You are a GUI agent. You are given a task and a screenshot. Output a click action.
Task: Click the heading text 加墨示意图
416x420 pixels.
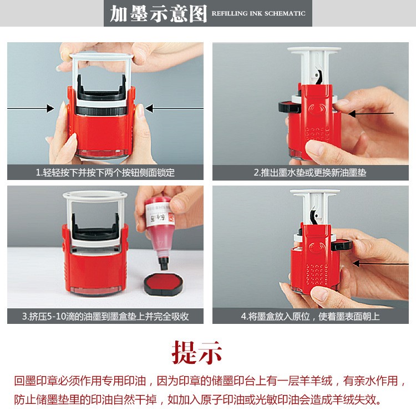coord(158,13)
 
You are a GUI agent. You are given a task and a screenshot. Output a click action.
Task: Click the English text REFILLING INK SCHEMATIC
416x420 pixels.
coord(258,13)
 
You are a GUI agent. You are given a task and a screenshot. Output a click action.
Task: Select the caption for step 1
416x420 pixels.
coord(105,173)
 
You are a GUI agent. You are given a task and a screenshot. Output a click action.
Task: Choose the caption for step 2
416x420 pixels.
coord(310,173)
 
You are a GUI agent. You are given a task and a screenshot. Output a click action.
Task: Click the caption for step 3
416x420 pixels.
coord(105,317)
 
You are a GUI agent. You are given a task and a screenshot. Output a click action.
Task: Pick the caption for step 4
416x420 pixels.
coord(310,317)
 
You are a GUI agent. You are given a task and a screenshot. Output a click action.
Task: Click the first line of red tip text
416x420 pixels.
coord(207,381)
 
